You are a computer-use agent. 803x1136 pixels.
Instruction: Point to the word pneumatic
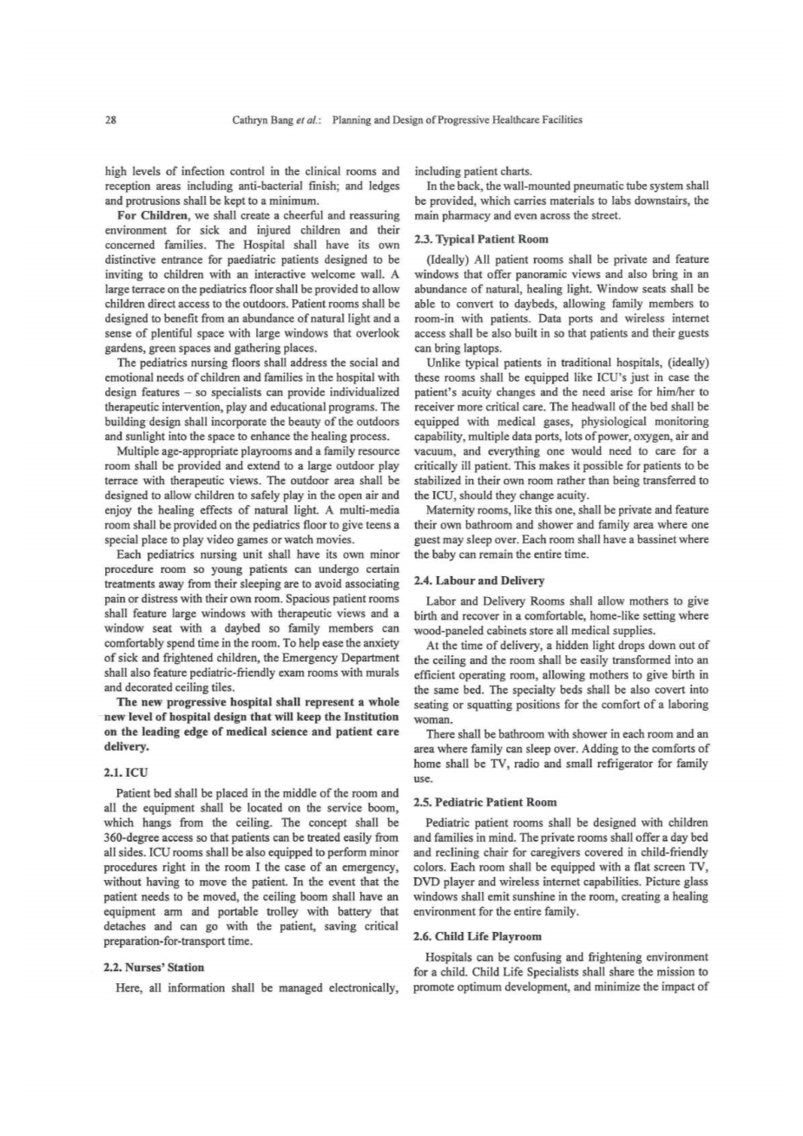pos(596,186)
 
